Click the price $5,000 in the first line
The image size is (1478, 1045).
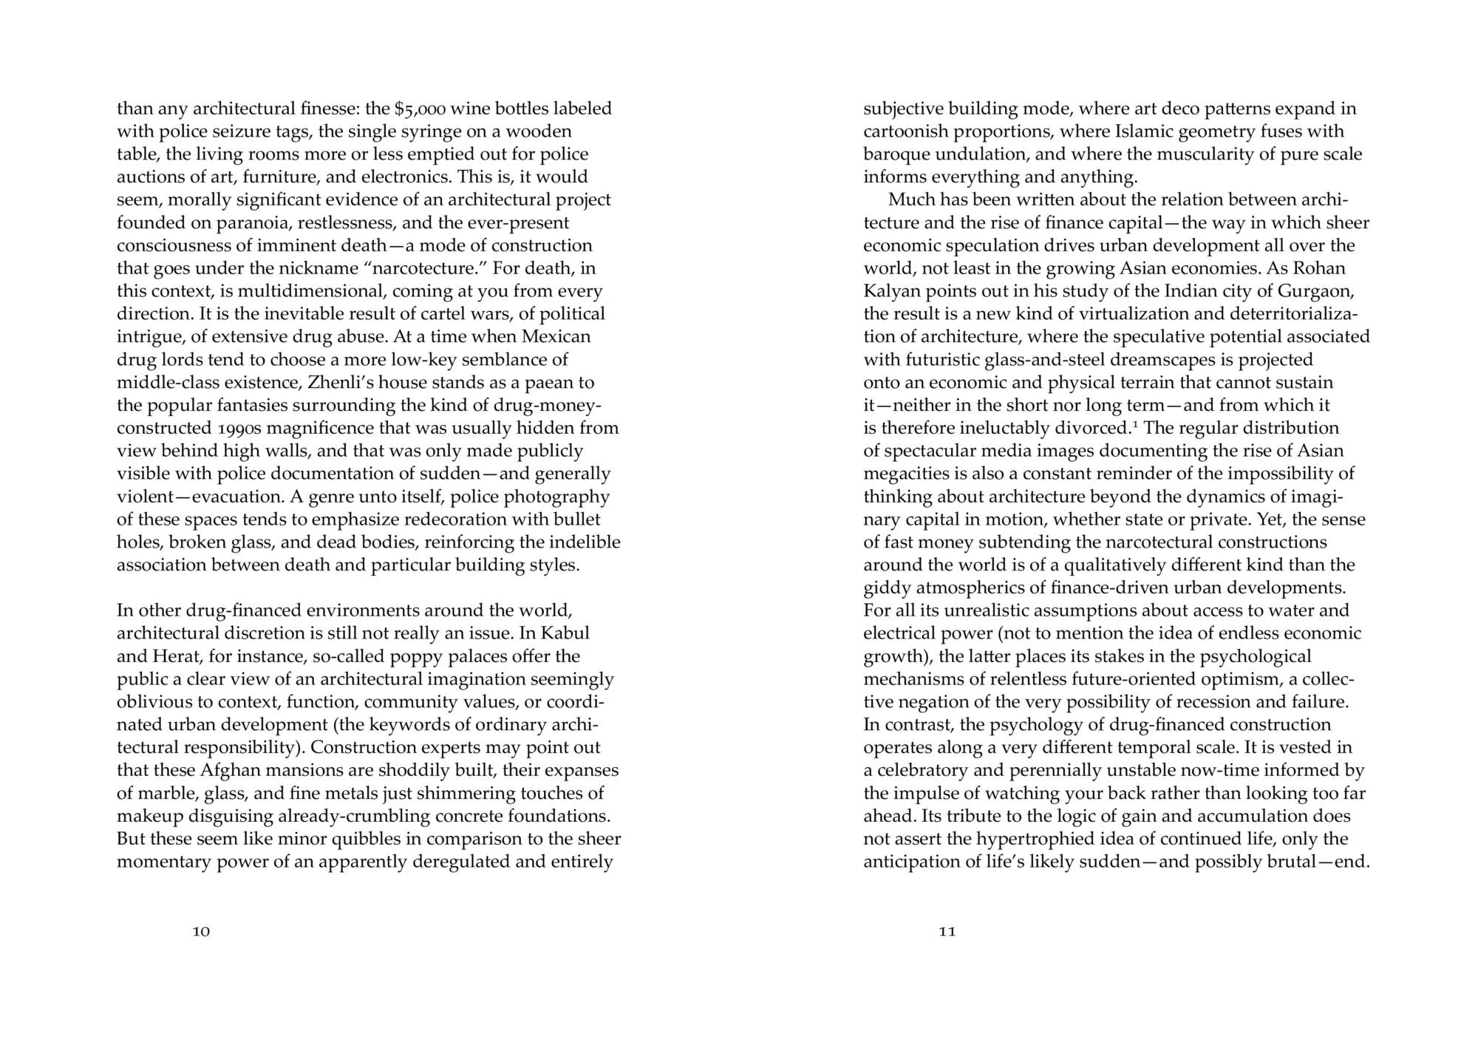pos(420,109)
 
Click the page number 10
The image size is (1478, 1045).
pos(201,931)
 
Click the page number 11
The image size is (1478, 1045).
pos(947,931)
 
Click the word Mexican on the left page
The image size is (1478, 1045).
pos(556,337)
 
